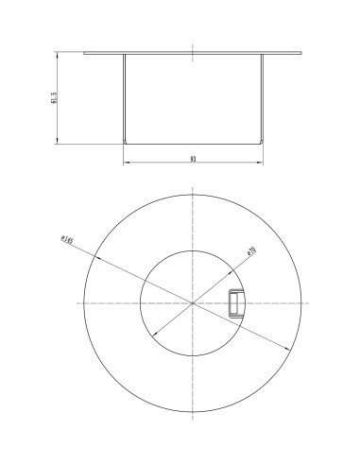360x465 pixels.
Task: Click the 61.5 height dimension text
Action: pos(56,98)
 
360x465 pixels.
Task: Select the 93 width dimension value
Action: pos(193,160)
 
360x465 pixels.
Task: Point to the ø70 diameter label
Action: pos(251,251)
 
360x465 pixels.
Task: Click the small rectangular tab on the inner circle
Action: pos(235,301)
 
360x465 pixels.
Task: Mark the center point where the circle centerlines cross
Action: pos(193,302)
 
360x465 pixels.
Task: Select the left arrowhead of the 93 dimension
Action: pos(126,164)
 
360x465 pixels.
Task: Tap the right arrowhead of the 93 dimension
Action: pos(261,164)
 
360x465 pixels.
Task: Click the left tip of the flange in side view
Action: pos(85,53)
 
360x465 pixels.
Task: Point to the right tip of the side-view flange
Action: pos(301,53)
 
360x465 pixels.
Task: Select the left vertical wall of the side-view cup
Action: pos(125,98)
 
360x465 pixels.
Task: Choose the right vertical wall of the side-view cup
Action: pos(262,98)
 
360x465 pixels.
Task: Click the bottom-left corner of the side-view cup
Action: pos(126,143)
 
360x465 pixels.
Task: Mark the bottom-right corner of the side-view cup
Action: pos(261,143)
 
